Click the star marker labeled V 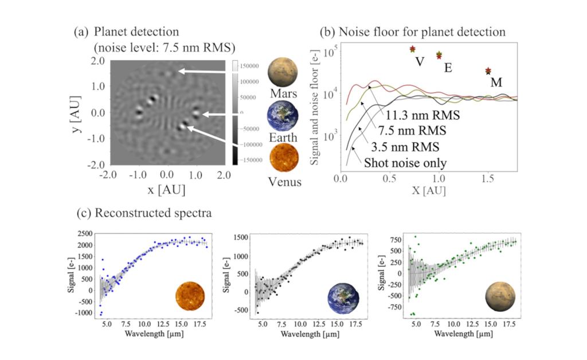pos(412,49)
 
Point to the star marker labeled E pos(439,55)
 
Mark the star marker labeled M pos(488,71)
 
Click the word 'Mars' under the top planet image pos(283,93)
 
